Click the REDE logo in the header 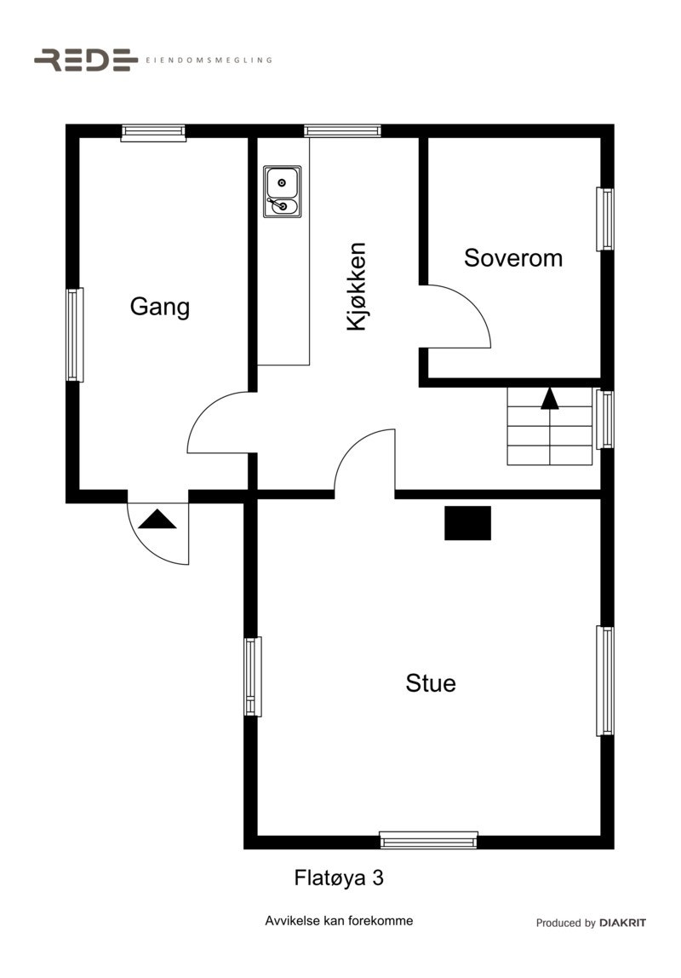coord(85,60)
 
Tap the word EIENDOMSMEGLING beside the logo coord(209,60)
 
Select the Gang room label coord(159,307)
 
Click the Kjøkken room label coord(357,286)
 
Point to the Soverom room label coord(512,258)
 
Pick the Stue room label coord(430,683)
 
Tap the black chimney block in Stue coord(467,523)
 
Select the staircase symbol coord(550,426)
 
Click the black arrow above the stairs coord(550,398)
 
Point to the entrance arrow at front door coord(157,519)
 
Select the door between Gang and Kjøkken coord(220,423)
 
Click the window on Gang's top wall coord(153,132)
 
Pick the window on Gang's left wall coord(75,335)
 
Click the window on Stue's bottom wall coord(428,841)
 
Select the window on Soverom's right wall coord(605,219)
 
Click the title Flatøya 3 coord(339,877)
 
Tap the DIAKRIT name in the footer coord(622,923)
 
